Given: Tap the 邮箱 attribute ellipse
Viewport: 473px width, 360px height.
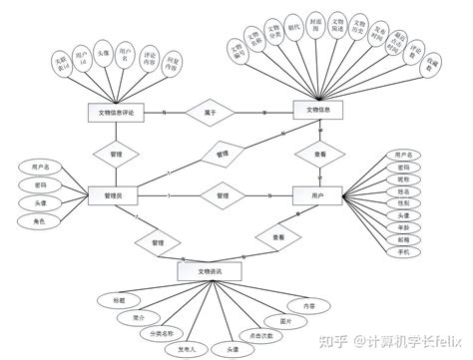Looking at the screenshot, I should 403,240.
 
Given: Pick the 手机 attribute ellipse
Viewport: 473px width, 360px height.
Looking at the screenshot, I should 403,253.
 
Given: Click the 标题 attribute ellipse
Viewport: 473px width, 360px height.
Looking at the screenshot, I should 120,299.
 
